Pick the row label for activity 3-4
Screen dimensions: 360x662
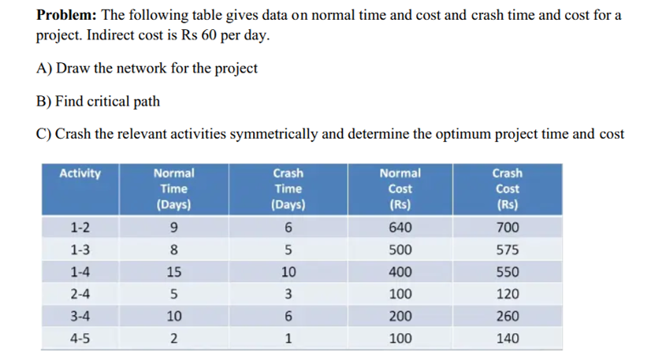coord(80,317)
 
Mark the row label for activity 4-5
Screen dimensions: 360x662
coord(80,339)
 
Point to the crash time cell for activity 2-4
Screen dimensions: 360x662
coord(288,295)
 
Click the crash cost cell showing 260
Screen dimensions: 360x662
coord(507,317)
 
